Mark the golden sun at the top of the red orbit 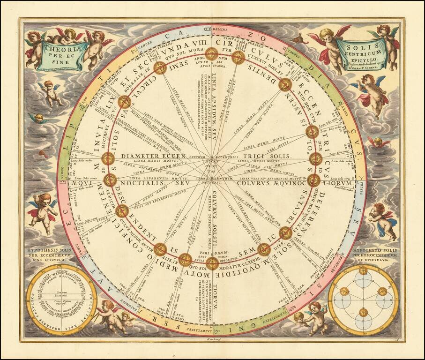[x=212, y=53]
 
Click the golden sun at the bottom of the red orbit [x=212, y=263]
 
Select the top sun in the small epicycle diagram [x=363, y=271]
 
